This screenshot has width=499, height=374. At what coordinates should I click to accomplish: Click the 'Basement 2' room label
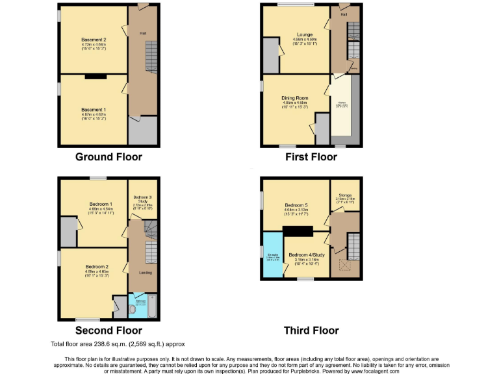pos(94,40)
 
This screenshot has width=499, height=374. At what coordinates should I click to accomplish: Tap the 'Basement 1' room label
pos(94,92)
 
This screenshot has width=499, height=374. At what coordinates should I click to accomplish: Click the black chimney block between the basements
pos(96,77)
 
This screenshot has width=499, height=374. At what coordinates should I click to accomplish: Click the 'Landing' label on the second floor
pos(145,273)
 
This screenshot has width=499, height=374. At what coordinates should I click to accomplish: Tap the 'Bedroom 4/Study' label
pos(307,255)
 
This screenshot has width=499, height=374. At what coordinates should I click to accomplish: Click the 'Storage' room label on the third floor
pos(344,195)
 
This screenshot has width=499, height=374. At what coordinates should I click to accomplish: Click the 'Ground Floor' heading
pos(109,156)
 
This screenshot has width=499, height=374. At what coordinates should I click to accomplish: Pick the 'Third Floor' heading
pos(311,330)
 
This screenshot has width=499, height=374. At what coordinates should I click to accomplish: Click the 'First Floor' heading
pos(311,156)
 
